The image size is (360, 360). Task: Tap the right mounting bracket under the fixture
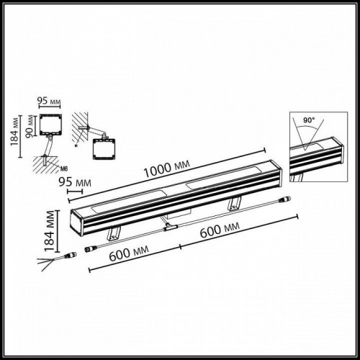(234, 204)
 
